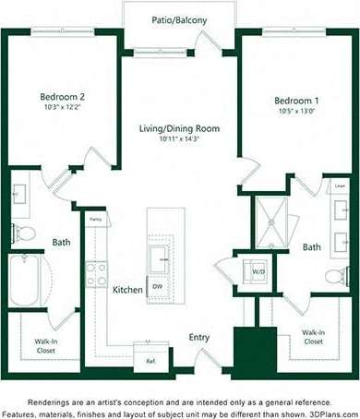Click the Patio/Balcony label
pyautogui.click(x=179, y=18)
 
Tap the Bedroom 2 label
pyautogui.click(x=62, y=96)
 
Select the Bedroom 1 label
pyautogui.click(x=294, y=100)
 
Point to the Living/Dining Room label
pyautogui.click(x=179, y=128)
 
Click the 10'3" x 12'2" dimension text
pyautogui.click(x=62, y=108)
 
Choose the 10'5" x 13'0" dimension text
pyautogui.click(x=294, y=112)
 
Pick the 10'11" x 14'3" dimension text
pyautogui.click(x=179, y=139)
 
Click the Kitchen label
pyautogui.click(x=127, y=290)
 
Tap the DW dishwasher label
pyautogui.click(x=159, y=286)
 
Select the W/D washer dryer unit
pyautogui.click(x=258, y=271)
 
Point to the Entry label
pyautogui.click(x=199, y=338)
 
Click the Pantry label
pyautogui.click(x=95, y=220)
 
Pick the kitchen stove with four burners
pyautogui.click(x=97, y=273)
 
